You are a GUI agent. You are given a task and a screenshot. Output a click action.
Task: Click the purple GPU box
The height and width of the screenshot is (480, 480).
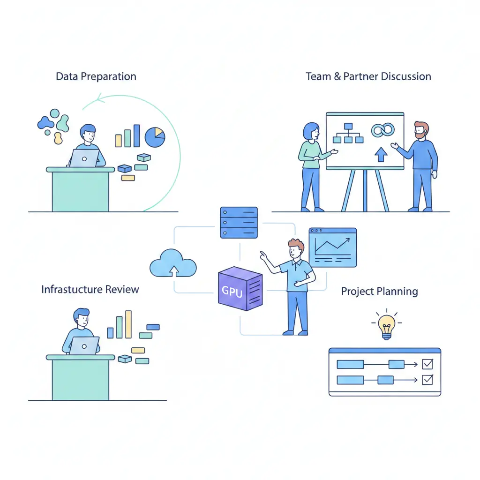coord(240,289)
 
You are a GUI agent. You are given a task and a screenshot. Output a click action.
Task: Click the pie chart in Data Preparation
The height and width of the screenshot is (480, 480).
coord(155,136)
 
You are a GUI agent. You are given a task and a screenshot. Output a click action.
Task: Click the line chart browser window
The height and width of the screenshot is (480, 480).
coord(333,247)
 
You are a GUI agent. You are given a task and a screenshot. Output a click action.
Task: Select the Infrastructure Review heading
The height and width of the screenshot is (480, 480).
coord(90,289)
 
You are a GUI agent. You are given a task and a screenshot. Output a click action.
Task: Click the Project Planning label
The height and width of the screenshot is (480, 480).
coord(379,292)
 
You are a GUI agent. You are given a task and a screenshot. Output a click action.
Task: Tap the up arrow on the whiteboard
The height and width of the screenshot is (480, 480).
coord(381,154)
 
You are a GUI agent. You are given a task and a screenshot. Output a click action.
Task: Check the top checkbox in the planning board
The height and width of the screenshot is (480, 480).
coord(427,364)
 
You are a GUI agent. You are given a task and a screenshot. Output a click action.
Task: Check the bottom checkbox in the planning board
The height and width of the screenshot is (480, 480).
coord(427,380)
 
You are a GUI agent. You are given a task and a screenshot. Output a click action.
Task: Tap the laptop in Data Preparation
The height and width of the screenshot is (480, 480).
coord(84,158)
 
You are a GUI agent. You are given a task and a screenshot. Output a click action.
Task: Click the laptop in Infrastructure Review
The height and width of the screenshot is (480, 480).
coord(84,345)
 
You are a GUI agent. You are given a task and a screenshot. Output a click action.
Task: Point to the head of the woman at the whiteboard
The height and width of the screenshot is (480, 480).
coord(311,132)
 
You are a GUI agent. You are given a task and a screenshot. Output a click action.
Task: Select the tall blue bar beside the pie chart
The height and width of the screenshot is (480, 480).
coord(136,135)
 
